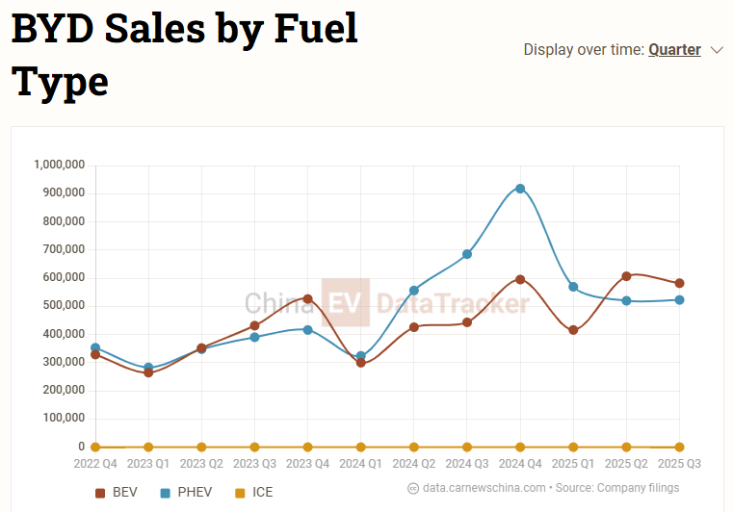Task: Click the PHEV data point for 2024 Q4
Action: (520, 189)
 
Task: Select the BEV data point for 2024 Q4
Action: (520, 280)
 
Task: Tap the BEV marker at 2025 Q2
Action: (626, 276)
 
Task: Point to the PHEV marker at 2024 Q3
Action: (467, 254)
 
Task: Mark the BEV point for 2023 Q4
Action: (308, 299)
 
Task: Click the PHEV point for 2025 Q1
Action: (573, 287)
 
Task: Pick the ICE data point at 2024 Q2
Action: (414, 448)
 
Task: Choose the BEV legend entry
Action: (117, 493)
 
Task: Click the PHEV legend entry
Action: (186, 493)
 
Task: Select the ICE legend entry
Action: (254, 493)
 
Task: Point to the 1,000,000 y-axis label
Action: (60, 165)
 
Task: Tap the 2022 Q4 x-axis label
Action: (95, 464)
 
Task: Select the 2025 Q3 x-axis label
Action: (679, 464)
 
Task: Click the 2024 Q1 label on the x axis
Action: (361, 464)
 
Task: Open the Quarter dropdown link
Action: (674, 49)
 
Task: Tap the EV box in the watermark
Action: (346, 304)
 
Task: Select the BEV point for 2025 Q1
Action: (573, 330)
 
